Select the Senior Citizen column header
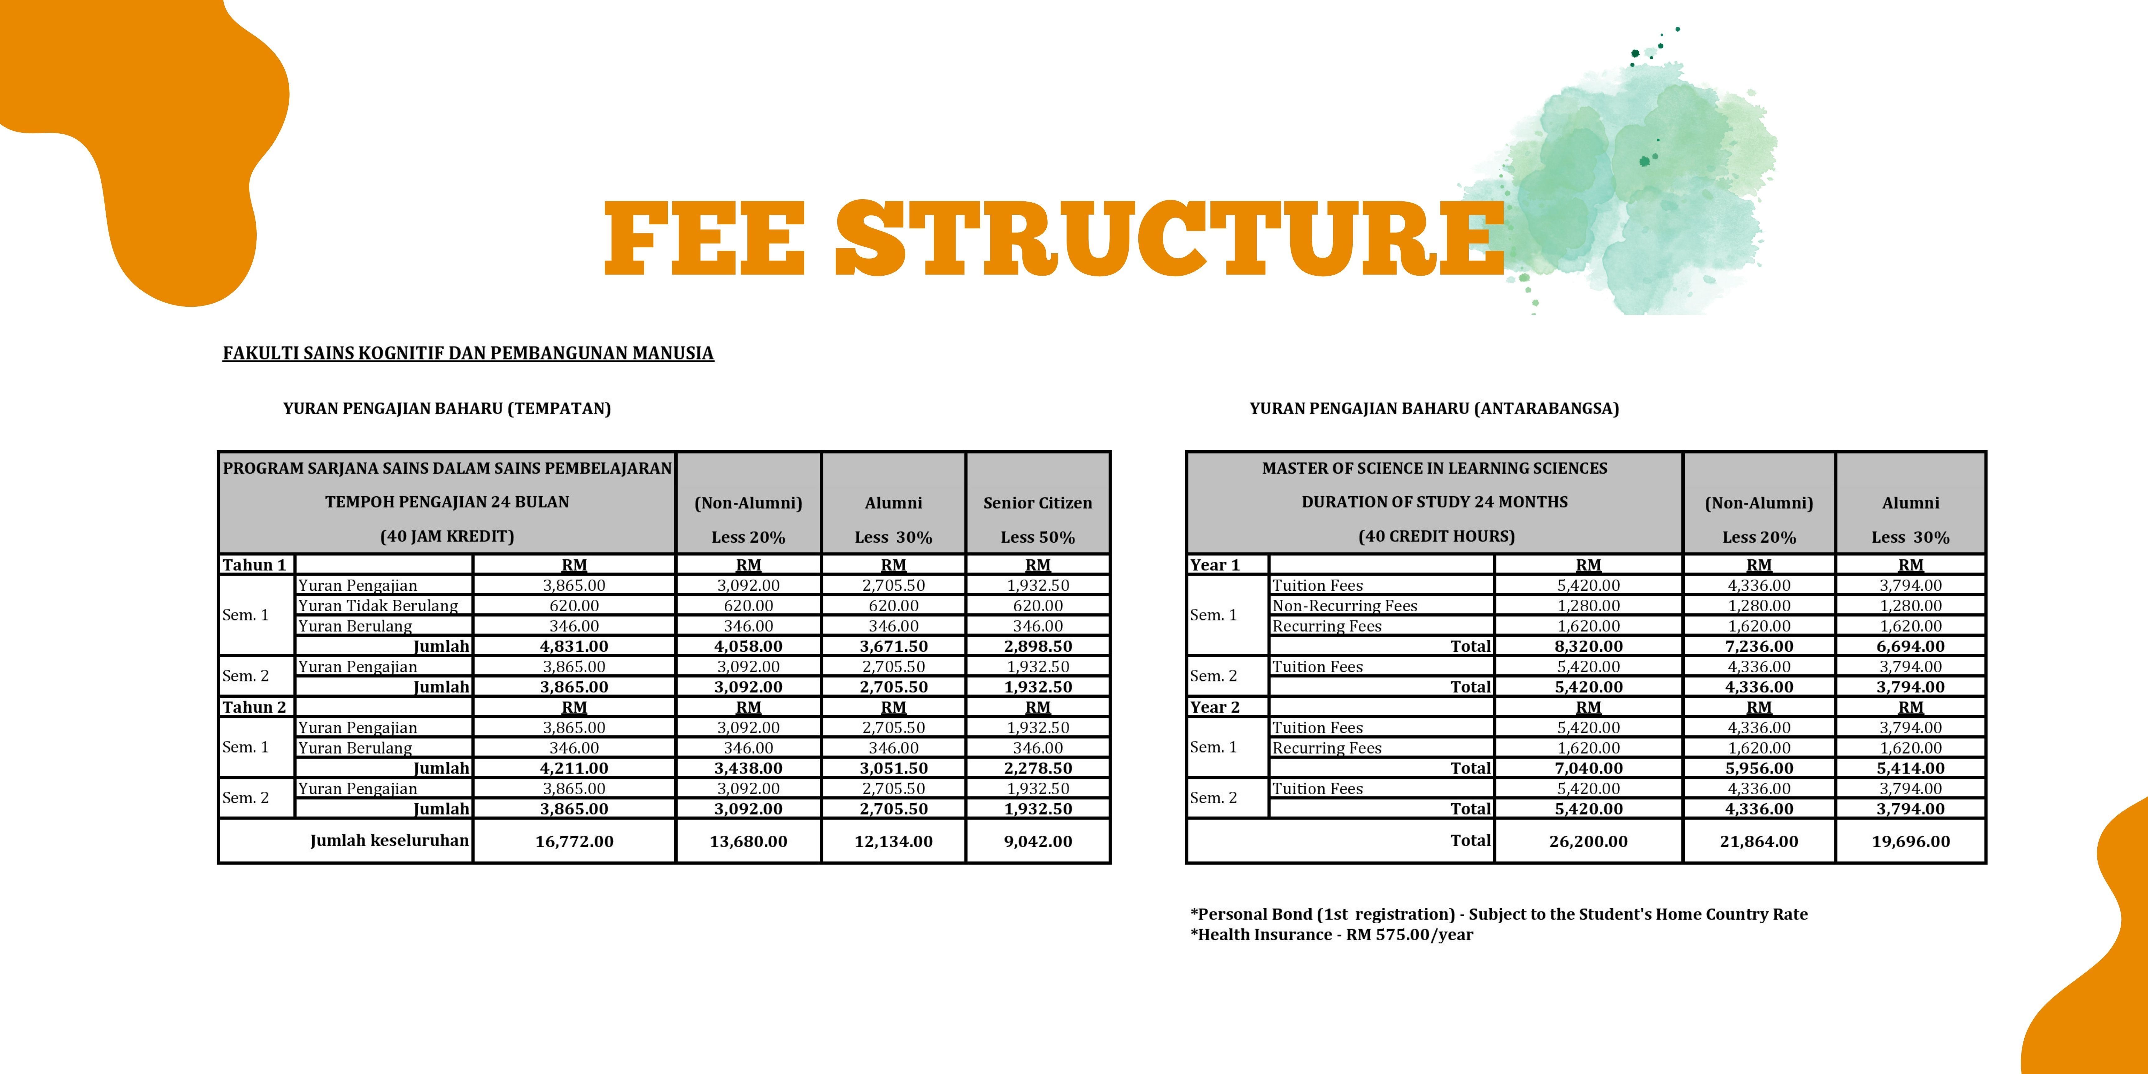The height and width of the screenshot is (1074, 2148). [1037, 503]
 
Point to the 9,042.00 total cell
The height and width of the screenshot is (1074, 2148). [1037, 841]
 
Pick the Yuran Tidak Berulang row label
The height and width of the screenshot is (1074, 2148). [378, 605]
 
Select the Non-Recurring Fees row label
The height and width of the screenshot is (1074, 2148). [1344, 605]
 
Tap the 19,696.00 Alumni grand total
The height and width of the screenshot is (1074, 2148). [1910, 841]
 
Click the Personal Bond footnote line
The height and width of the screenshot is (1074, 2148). [1499, 914]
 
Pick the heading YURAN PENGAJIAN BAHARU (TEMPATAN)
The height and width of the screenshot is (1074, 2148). [447, 409]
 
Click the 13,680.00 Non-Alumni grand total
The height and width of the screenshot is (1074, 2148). [748, 841]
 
